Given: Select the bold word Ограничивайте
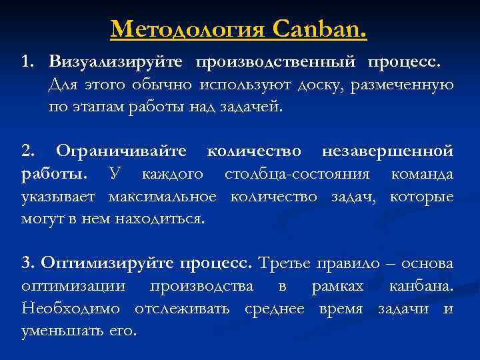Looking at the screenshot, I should [x=121, y=152].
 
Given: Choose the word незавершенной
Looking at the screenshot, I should [x=387, y=152].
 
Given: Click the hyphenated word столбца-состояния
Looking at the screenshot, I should [x=297, y=175].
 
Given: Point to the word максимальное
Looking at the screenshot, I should [x=166, y=197].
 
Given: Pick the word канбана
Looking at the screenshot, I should [x=421, y=287].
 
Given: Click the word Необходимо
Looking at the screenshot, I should [x=71, y=309].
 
